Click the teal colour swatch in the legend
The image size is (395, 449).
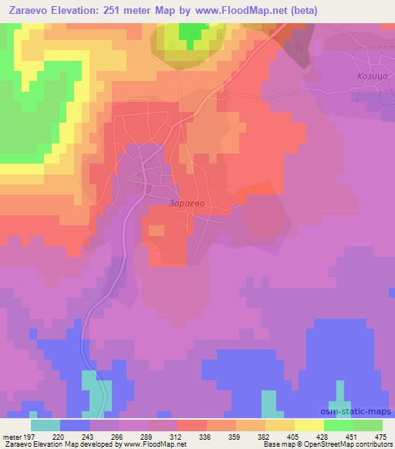click(x=46, y=424)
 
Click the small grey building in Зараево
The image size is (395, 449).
click(x=137, y=177)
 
